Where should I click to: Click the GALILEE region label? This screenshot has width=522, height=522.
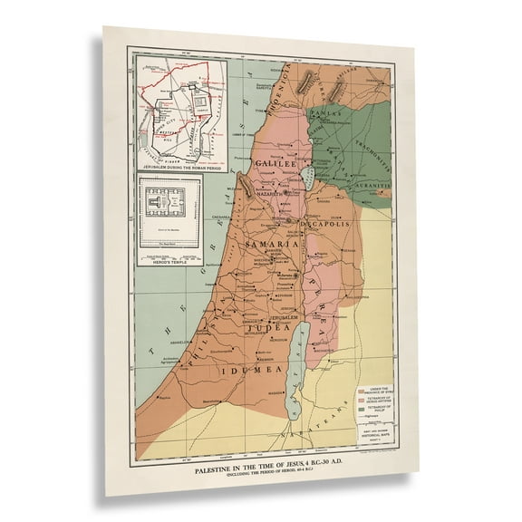tap(275, 163)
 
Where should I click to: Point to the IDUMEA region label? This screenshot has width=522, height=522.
tap(244, 371)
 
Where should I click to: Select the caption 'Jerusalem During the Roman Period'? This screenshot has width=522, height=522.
tap(178, 169)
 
